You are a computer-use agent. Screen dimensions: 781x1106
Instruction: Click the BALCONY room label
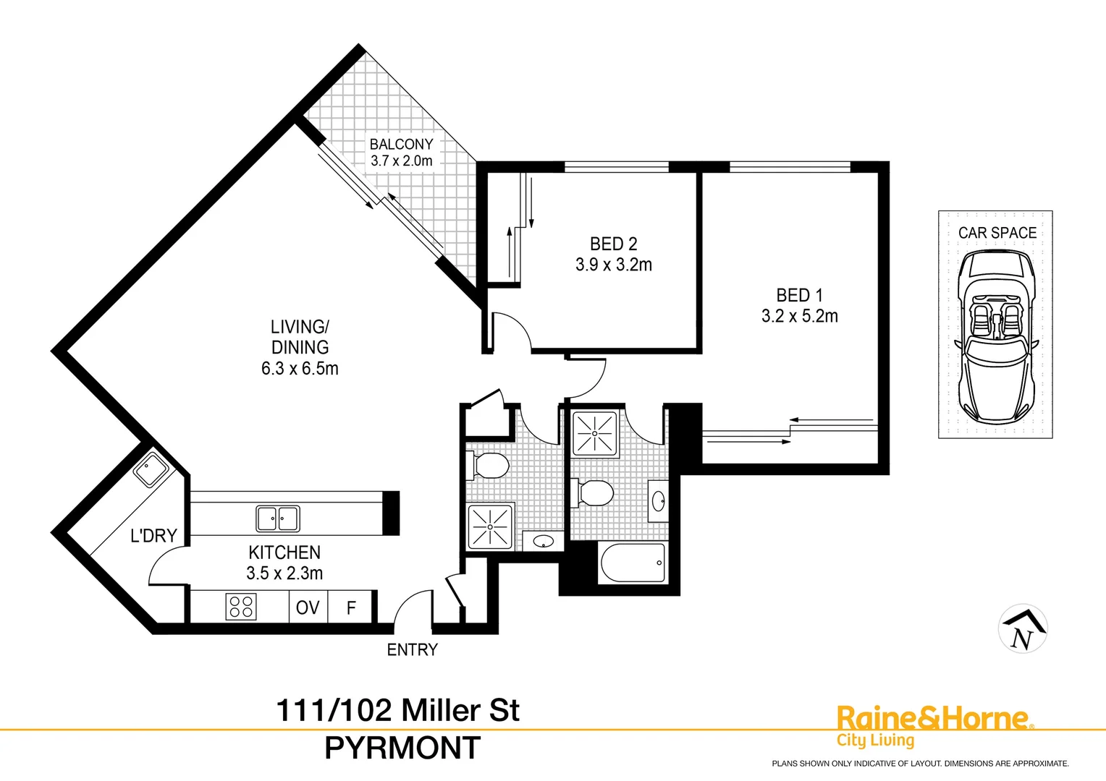[401, 144]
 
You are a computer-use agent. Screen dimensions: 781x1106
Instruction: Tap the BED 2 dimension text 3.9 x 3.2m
[614, 265]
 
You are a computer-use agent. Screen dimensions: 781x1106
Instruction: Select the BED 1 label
[799, 295]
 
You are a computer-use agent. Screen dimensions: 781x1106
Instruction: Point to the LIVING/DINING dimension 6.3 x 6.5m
[300, 369]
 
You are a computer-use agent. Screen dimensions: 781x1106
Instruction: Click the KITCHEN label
[284, 552]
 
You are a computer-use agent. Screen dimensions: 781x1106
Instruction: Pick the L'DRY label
[153, 536]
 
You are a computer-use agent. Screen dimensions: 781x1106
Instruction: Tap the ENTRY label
[413, 650]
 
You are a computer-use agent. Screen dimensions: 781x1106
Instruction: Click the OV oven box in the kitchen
[308, 607]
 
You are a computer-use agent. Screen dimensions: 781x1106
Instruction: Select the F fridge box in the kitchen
[351, 607]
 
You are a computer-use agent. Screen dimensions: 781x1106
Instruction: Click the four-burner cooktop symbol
[241, 607]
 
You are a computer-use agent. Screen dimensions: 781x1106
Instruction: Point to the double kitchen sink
[278, 518]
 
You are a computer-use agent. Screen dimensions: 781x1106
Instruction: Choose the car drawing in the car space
[997, 337]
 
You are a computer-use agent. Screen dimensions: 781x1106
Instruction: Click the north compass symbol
[1023, 629]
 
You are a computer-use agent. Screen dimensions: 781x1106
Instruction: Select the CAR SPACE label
[997, 233]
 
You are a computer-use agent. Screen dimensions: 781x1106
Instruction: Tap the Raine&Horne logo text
[932, 719]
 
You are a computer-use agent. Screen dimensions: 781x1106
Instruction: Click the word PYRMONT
[402, 748]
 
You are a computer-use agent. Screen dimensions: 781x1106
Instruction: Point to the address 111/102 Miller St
[398, 711]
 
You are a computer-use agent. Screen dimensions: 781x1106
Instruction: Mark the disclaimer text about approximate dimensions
[920, 764]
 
